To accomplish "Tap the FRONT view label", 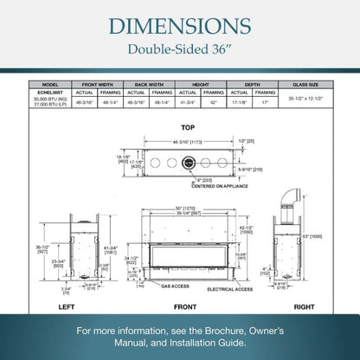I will tap(184, 306).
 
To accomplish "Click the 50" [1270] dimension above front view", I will tap(185, 208).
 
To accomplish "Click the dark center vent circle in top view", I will tap(186, 161).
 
